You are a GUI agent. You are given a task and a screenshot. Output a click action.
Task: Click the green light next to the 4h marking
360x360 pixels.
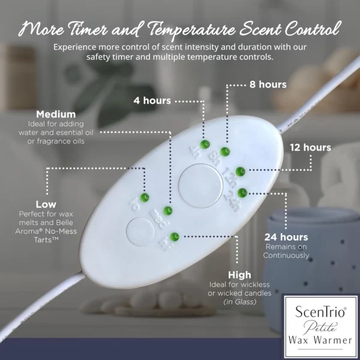pyautogui.click(x=205, y=144)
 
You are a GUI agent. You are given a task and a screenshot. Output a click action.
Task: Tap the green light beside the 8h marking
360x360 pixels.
pyautogui.click(x=225, y=152)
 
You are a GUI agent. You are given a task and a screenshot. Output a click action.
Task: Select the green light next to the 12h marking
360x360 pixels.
pyautogui.click(x=241, y=172)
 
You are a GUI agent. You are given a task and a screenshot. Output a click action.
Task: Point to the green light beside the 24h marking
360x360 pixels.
pyautogui.click(x=242, y=193)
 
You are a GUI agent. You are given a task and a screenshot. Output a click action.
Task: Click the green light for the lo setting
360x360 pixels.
pyautogui.click(x=145, y=197)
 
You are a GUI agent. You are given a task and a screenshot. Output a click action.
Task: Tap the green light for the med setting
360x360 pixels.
pyautogui.click(x=167, y=211)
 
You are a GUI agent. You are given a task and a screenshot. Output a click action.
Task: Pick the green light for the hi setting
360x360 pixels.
pyautogui.click(x=174, y=237)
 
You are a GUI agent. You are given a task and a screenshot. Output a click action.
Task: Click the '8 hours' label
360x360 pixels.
pyautogui.click(x=268, y=85)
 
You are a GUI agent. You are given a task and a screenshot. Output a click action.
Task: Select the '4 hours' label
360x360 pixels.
pyautogui.click(x=152, y=101)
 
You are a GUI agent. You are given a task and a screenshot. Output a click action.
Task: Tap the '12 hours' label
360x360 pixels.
pyautogui.click(x=310, y=148)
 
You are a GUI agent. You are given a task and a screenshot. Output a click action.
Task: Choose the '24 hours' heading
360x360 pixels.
pyautogui.click(x=286, y=237)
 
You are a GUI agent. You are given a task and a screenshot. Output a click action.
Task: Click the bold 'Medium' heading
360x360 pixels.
pyautogui.click(x=56, y=115)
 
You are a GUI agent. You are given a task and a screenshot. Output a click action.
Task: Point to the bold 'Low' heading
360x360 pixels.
pyautogui.click(x=46, y=205)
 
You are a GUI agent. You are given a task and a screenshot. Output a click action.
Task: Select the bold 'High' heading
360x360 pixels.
pyautogui.click(x=239, y=275)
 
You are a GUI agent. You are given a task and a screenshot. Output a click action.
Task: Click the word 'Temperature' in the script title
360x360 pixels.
pyautogui.click(x=191, y=30)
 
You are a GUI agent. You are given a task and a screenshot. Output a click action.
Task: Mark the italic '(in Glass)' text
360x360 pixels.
pyautogui.click(x=240, y=302)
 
